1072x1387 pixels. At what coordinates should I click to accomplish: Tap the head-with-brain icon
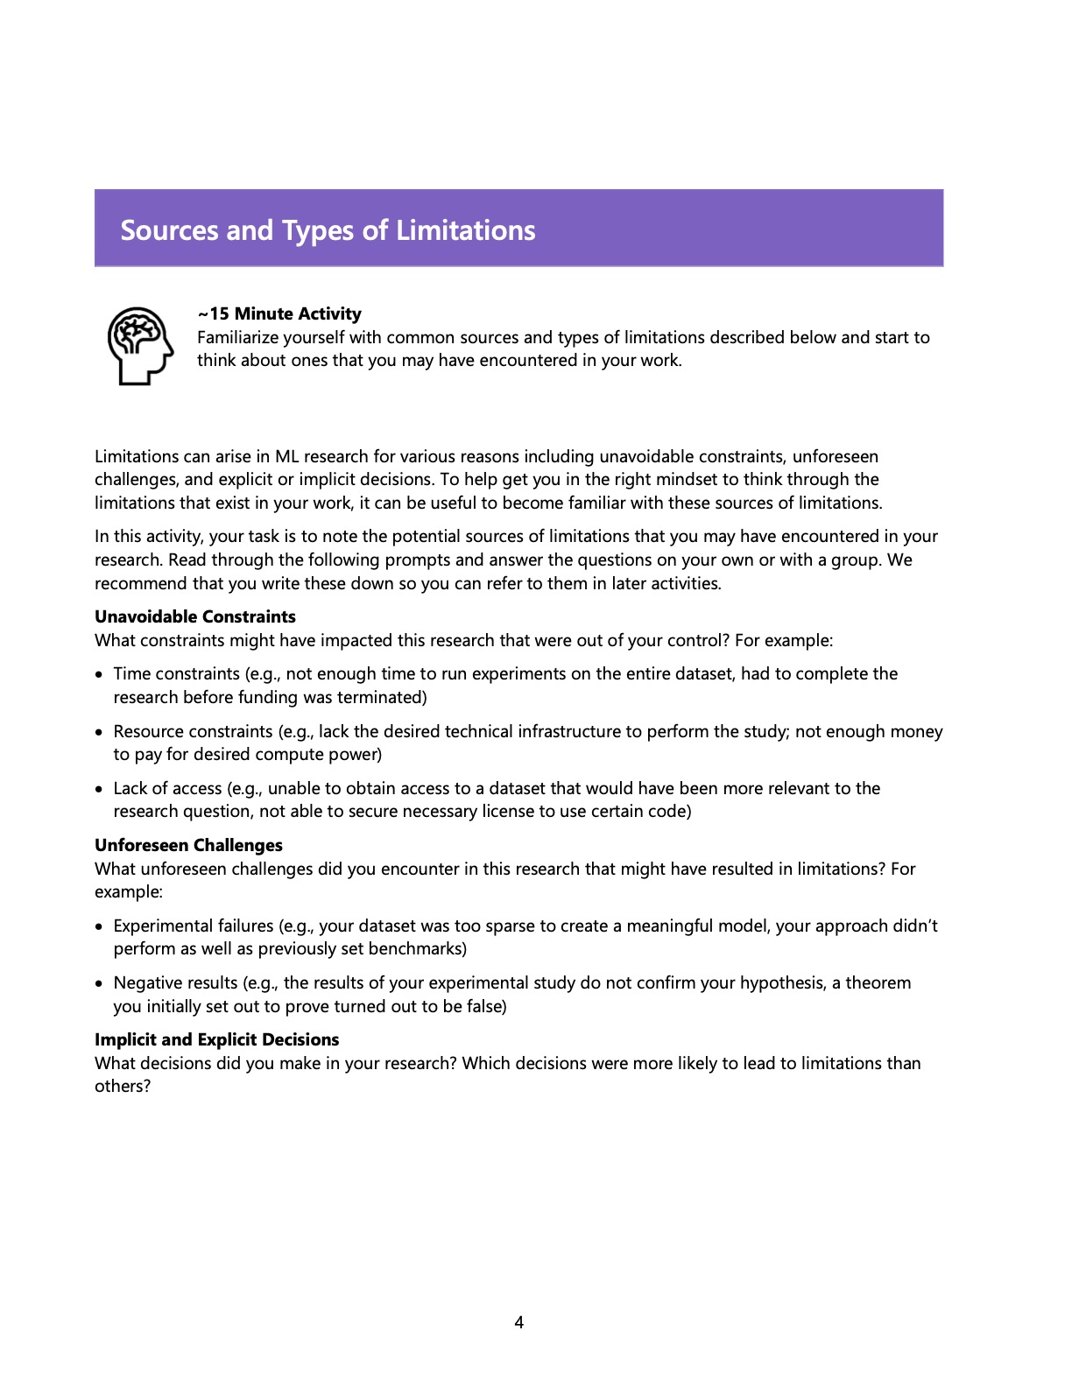[140, 345]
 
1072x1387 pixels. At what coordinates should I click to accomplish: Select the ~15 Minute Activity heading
[279, 313]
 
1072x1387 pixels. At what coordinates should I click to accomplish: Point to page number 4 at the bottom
[519, 1322]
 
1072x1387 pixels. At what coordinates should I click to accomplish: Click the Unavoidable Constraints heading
[195, 616]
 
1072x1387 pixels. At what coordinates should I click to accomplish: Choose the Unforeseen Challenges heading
[188, 845]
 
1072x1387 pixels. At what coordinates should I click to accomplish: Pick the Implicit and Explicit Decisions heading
[216, 1039]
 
